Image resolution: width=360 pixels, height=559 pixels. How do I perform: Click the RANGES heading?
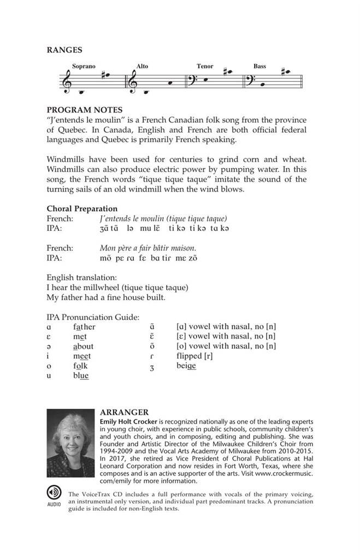[64, 50]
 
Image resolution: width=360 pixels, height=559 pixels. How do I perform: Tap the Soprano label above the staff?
[83, 67]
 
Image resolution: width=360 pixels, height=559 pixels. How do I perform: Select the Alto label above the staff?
[142, 67]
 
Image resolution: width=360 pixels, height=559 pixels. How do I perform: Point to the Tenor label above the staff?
[205, 67]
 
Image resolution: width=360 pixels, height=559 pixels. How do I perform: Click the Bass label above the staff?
[259, 67]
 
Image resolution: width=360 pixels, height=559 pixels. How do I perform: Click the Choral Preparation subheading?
[82, 209]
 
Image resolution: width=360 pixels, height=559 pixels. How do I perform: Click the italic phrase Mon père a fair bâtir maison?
[148, 248]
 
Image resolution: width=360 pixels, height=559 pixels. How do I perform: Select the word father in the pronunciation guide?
[84, 327]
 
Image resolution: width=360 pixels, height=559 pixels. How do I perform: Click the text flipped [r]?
[194, 356]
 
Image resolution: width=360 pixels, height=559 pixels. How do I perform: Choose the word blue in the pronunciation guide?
[80, 376]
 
